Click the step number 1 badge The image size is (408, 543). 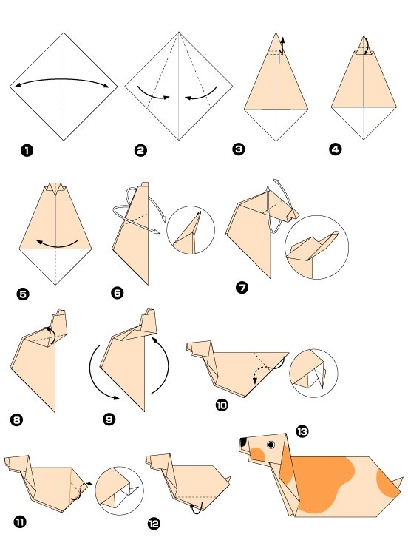[27, 151]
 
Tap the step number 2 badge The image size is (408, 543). [140, 151]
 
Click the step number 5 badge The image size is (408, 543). [23, 294]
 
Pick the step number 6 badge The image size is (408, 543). [117, 294]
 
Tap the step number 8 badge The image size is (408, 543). [17, 421]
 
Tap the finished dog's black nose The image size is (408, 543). [243, 443]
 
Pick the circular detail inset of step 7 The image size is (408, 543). [316, 248]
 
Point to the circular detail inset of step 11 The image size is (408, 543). [120, 490]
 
